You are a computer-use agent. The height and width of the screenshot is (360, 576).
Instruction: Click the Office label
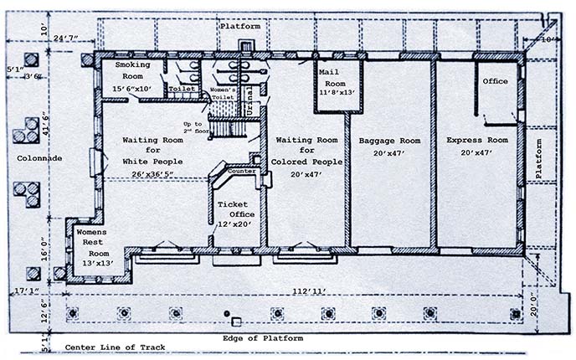pos(495,81)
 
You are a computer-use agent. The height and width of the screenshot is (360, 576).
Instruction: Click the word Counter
pos(242,171)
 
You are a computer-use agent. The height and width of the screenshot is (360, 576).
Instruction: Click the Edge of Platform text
pos(263,338)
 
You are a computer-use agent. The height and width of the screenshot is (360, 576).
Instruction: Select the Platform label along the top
pos(240,27)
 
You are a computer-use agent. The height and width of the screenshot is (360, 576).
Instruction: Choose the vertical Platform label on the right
pos(541,158)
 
